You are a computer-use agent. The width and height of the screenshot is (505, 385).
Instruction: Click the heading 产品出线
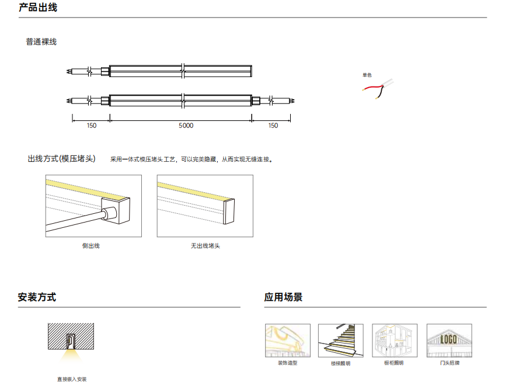click(x=38, y=8)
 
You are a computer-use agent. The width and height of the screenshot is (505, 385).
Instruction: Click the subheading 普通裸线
click(x=41, y=42)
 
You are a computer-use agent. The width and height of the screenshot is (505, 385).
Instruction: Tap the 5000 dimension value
click(x=186, y=126)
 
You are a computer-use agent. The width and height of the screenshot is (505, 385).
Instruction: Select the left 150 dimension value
click(x=92, y=126)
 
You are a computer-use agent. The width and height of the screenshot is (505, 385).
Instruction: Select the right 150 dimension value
click(x=273, y=126)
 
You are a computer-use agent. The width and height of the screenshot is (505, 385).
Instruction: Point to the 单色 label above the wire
click(x=367, y=75)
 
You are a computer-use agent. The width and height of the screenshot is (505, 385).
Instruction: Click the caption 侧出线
click(x=91, y=246)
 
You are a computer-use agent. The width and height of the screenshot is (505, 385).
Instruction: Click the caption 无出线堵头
click(x=206, y=246)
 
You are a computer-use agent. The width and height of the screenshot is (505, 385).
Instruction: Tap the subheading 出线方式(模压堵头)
click(x=61, y=159)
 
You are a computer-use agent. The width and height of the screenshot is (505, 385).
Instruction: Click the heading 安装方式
click(x=37, y=297)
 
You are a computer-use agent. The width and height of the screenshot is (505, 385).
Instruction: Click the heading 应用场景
click(x=283, y=297)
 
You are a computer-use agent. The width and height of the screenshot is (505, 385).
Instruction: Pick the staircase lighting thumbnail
click(x=341, y=341)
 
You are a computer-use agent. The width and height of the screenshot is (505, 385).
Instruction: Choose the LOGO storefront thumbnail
click(x=450, y=341)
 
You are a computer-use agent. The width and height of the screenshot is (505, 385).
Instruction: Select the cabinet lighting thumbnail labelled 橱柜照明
click(x=395, y=341)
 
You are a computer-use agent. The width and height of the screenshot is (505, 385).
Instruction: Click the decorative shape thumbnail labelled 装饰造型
click(x=288, y=341)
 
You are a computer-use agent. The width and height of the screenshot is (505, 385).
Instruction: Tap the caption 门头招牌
click(x=450, y=363)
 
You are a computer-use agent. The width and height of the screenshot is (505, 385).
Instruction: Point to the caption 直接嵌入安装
click(x=72, y=380)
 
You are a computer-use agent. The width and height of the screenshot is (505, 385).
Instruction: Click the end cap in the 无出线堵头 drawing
click(x=229, y=211)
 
